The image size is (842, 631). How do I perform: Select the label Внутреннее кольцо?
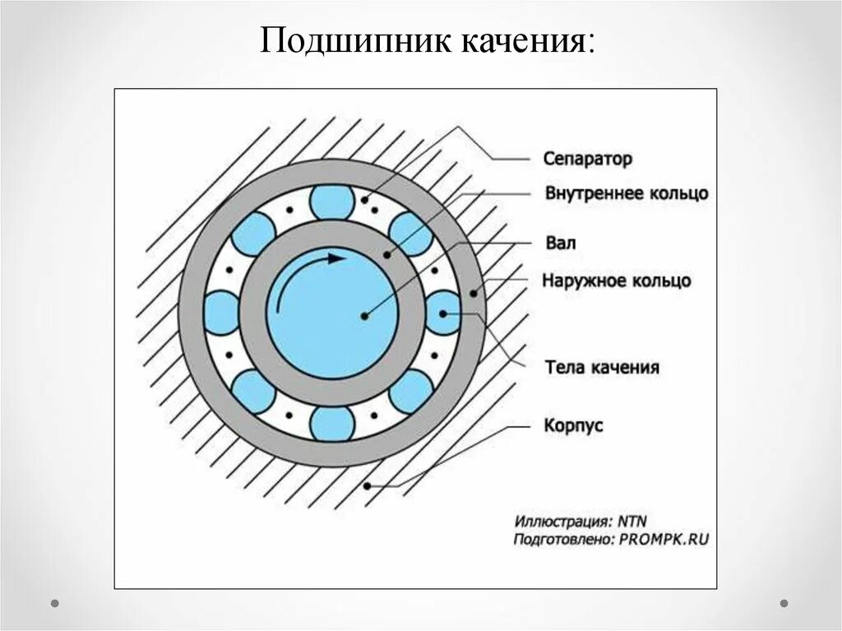626,193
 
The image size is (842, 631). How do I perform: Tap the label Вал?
560,244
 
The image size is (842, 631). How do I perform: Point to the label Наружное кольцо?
617,281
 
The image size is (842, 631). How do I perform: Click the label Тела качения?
602,367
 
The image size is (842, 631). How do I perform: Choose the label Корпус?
574,425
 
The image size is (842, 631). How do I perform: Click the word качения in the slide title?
520,41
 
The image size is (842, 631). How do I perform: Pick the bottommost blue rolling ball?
332,424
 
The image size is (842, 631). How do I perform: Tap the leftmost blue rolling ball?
221,313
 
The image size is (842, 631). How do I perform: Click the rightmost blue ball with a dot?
443,313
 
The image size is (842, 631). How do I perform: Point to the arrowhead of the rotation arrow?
337,258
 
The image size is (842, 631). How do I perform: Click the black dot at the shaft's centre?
362,314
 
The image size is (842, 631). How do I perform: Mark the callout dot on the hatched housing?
367,485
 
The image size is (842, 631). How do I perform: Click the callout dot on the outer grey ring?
473,292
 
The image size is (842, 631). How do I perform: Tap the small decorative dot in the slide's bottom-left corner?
55,603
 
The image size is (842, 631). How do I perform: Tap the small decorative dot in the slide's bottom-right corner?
784,603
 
